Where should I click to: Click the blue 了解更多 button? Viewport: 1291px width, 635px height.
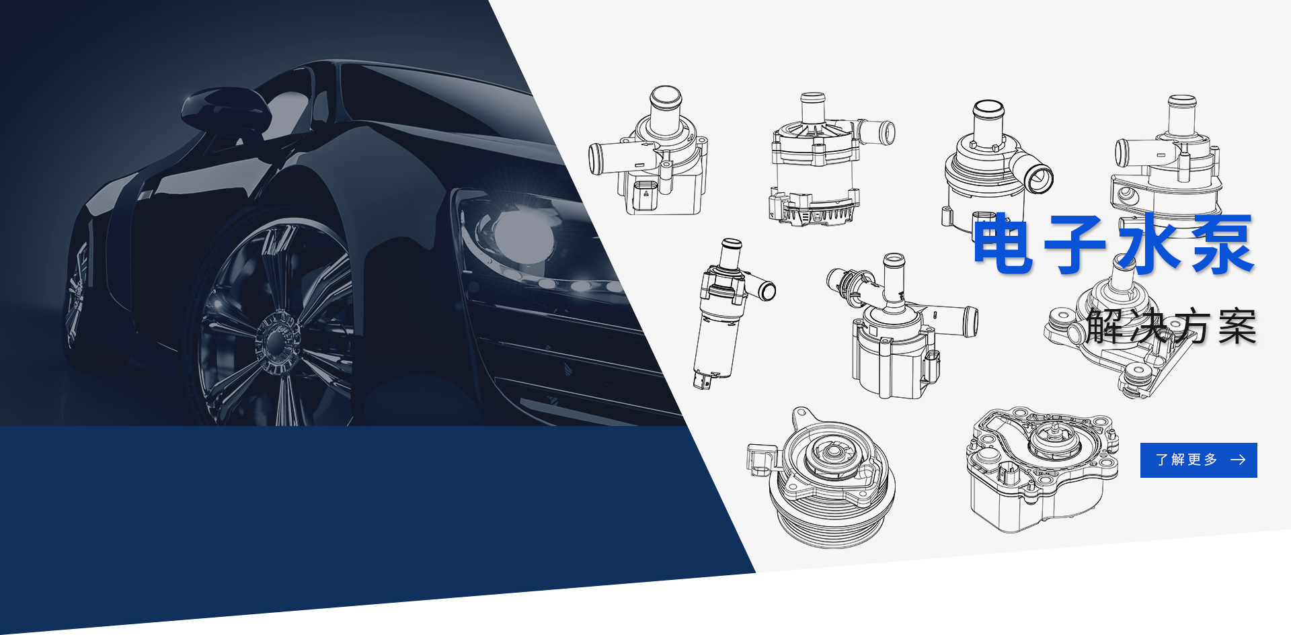click(x=1198, y=460)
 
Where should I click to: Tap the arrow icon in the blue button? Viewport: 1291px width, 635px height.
click(x=1238, y=460)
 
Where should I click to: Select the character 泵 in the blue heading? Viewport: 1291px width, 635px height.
click(x=1222, y=244)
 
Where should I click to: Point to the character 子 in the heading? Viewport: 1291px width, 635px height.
click(x=1075, y=244)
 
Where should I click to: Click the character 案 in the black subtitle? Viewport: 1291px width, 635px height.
click(x=1237, y=327)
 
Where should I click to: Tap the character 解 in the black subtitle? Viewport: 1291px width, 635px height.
click(x=1106, y=327)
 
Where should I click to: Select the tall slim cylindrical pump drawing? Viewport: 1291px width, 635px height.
click(x=730, y=313)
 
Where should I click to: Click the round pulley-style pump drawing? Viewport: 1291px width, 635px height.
click(x=820, y=478)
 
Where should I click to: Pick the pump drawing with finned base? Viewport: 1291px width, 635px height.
click(x=831, y=159)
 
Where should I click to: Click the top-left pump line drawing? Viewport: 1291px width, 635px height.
click(x=648, y=151)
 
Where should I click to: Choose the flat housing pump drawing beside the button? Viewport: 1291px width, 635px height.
click(x=1042, y=469)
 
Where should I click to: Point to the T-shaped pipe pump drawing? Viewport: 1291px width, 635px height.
click(x=901, y=326)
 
